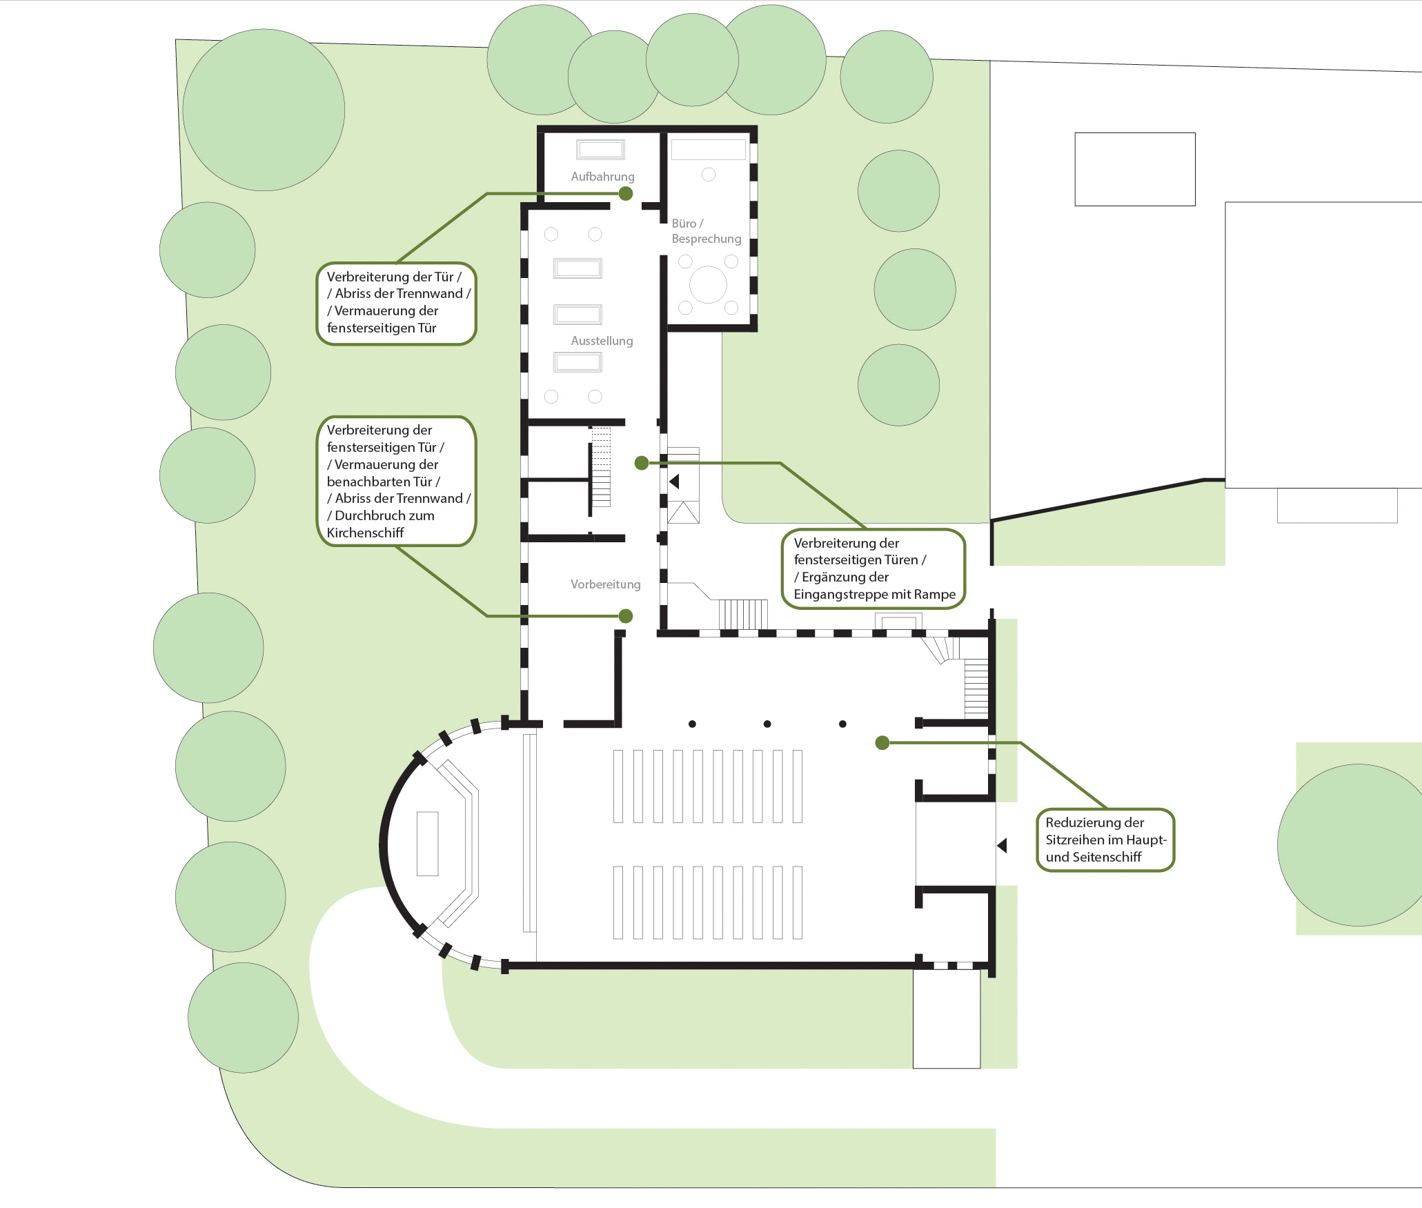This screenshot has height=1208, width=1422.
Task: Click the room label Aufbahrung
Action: click(602, 177)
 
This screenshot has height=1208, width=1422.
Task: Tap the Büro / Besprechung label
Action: click(706, 231)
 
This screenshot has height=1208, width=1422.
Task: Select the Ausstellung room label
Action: click(602, 341)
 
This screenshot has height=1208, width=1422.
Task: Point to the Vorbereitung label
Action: click(605, 584)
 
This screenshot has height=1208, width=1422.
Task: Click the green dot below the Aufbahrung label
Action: click(626, 194)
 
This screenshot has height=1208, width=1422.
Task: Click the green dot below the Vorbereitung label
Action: click(626, 616)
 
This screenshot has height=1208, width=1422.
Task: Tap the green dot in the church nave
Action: click(882, 743)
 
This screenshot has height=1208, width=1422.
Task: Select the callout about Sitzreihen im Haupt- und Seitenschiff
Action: click(1105, 840)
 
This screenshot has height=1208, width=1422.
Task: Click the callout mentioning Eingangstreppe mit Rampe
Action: click(873, 569)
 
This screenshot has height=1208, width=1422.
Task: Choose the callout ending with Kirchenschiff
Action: click(397, 482)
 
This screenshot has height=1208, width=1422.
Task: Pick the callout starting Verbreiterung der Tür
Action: click(397, 304)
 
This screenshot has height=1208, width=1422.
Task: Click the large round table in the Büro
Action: click(708, 284)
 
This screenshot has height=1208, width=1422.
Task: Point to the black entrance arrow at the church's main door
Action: click(1002, 845)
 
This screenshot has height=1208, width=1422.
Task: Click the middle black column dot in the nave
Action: click(767, 724)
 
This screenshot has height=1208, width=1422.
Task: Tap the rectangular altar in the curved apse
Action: click(428, 844)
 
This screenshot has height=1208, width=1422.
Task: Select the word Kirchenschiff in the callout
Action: click(365, 533)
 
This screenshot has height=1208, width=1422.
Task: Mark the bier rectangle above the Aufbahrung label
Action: click(601, 150)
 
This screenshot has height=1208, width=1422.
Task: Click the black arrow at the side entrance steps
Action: click(674, 481)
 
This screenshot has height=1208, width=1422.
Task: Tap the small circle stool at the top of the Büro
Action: click(709, 175)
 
